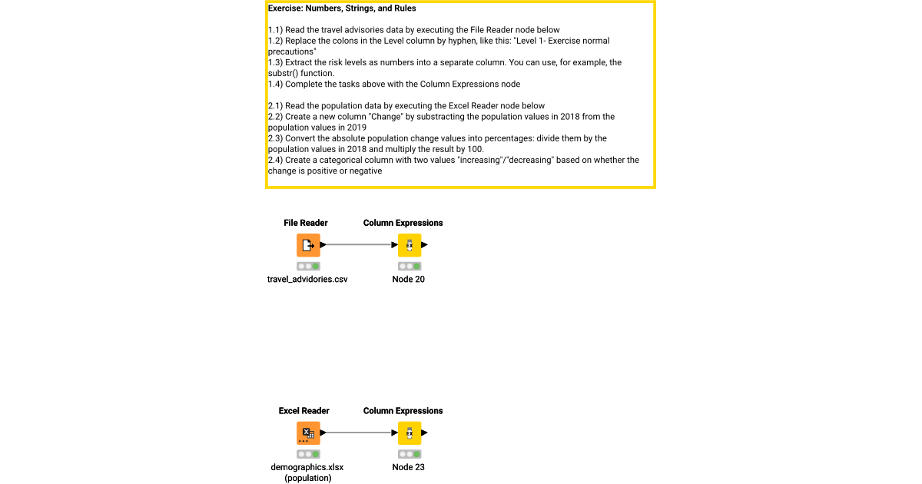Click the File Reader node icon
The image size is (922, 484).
click(x=308, y=245)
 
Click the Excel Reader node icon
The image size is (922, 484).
click(x=308, y=433)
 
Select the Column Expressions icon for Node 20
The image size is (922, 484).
click(x=409, y=245)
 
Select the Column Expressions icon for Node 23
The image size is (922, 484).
click(x=409, y=433)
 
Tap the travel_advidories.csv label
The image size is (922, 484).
click(x=307, y=280)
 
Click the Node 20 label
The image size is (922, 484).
click(x=408, y=280)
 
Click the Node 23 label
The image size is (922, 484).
click(x=408, y=467)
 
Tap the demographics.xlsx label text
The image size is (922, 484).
click(x=307, y=467)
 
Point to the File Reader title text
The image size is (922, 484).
click(x=306, y=223)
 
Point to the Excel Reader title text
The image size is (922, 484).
click(x=304, y=411)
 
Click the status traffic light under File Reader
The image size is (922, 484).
click(x=308, y=266)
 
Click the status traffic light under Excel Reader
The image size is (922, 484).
click(x=308, y=454)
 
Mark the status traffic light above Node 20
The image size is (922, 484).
click(x=409, y=266)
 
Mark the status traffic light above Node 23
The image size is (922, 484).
click(x=409, y=454)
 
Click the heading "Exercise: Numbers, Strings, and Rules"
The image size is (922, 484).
click(x=342, y=8)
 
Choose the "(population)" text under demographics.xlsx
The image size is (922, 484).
click(x=307, y=478)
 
